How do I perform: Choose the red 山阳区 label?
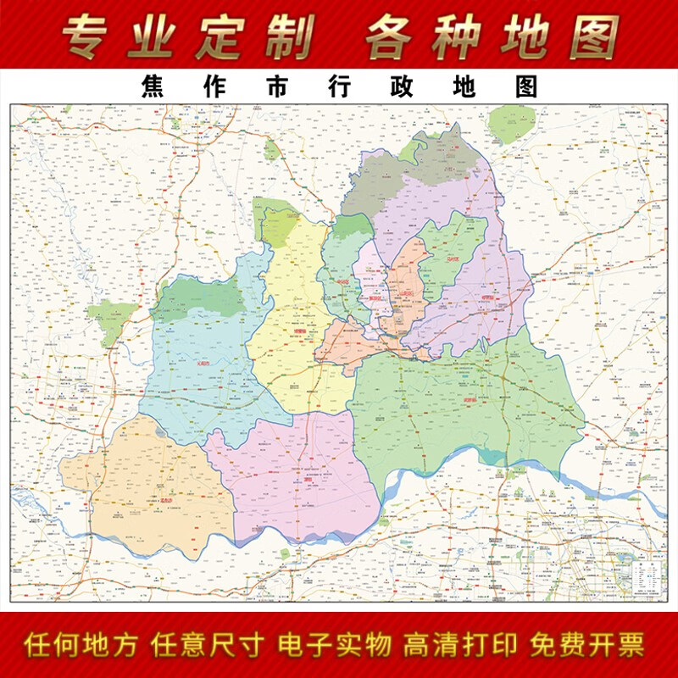tap(406, 294)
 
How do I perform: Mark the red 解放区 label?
tap(375, 298)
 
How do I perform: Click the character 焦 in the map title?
tap(153, 87)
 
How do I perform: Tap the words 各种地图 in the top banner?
tap(492, 36)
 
